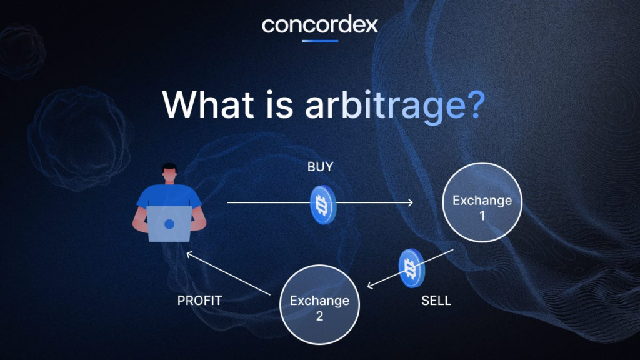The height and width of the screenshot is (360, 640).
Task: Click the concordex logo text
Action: [x=320, y=25]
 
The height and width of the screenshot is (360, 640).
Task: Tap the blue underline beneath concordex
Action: [x=320, y=41]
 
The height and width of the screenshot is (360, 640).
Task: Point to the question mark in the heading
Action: [x=476, y=104]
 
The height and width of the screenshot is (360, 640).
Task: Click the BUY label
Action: [x=321, y=166]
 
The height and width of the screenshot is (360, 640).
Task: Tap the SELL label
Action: [x=436, y=301]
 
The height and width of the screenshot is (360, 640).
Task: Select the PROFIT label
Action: [x=199, y=301]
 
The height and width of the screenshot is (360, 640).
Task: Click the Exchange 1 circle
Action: [x=482, y=202]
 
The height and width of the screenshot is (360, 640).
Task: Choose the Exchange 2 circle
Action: [x=319, y=304]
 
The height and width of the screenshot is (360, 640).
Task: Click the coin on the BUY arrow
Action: [x=323, y=205]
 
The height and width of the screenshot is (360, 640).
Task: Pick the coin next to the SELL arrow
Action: [x=412, y=268]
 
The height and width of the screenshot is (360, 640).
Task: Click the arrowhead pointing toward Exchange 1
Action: [x=410, y=202]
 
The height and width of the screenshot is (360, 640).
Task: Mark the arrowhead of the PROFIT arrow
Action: [x=189, y=255]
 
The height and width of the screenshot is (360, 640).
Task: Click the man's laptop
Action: [x=169, y=224]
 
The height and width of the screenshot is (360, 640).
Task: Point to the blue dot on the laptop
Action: [x=169, y=224]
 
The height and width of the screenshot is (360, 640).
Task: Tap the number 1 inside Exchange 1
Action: [x=482, y=216]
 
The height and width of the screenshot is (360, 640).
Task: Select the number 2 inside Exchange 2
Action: [x=319, y=316]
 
